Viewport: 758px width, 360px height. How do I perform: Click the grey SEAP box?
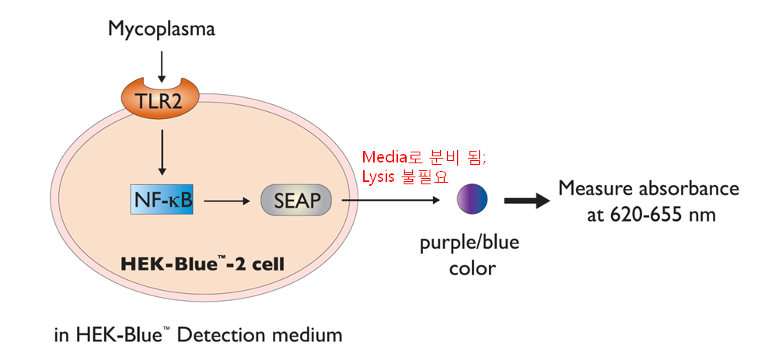[297, 200]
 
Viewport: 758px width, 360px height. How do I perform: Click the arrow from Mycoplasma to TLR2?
[162, 65]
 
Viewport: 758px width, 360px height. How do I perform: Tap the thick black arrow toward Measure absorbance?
[526, 200]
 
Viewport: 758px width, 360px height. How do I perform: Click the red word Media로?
[393, 157]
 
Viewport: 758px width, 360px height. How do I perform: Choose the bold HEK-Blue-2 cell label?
[201, 264]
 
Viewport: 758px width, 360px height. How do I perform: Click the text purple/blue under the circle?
[469, 242]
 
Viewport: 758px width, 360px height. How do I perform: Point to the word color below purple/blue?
[473, 267]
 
